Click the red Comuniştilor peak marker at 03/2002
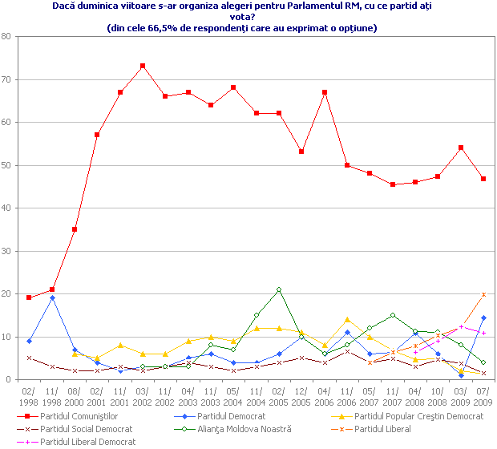click(x=143, y=66)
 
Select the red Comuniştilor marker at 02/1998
click(x=29, y=297)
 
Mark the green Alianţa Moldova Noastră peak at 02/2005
click(x=279, y=289)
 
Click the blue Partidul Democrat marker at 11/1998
click(x=51, y=298)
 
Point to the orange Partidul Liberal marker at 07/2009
click(x=483, y=295)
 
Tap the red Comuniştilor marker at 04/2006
click(x=325, y=92)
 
